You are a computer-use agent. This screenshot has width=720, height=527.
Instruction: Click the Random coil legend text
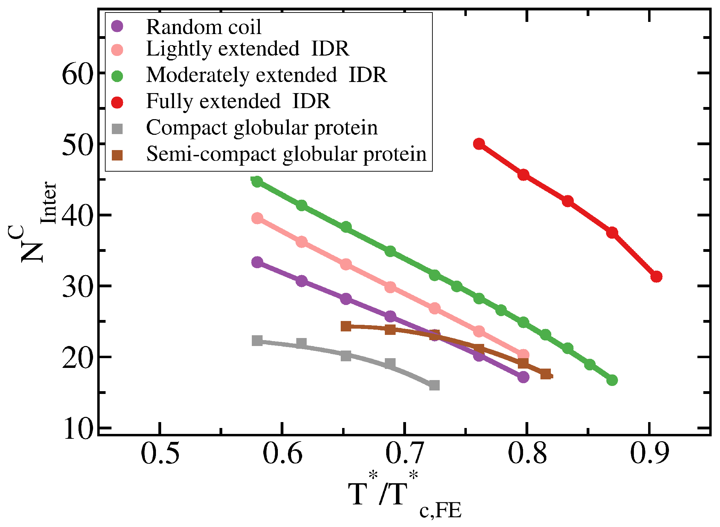point(204,27)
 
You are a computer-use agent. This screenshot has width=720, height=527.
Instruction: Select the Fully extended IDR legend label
point(238,101)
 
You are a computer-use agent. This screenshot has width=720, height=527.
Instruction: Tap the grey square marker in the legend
point(118,129)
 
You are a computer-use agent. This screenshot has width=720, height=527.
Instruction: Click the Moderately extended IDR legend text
point(266,75)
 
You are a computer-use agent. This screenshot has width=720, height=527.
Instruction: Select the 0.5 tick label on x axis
point(160,453)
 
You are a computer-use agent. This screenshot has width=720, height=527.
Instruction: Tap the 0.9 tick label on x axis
point(649,453)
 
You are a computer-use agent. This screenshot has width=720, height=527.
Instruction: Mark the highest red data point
point(479,144)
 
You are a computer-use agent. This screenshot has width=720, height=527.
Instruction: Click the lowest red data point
point(656,277)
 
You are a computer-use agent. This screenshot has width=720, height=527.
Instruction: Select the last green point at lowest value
point(612,380)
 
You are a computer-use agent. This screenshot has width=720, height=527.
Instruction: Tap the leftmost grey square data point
point(257,340)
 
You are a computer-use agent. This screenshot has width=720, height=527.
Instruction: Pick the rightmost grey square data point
point(434,385)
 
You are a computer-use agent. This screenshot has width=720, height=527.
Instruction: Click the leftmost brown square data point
point(346,326)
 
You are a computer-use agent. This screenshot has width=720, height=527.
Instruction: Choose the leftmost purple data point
point(257,262)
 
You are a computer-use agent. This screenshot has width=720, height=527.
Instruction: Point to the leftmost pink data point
point(257,218)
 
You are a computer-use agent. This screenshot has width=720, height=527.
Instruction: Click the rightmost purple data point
point(523,377)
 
